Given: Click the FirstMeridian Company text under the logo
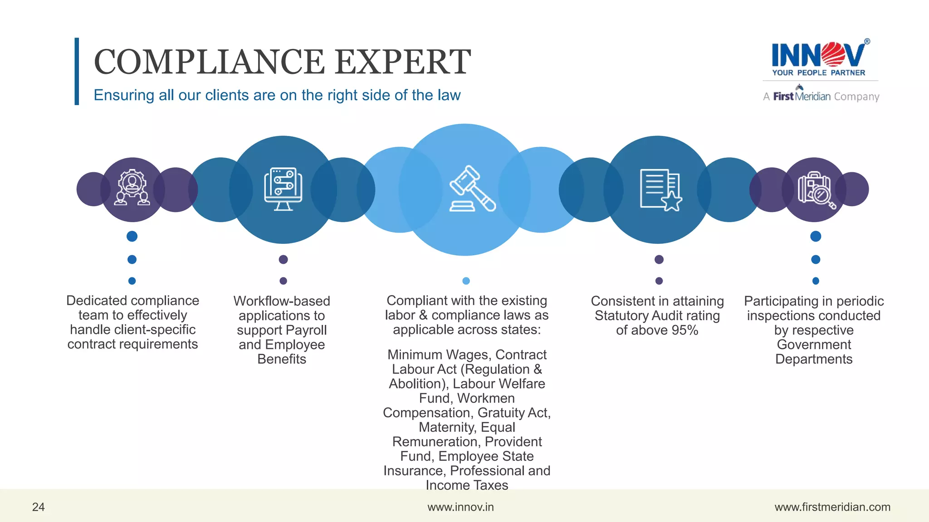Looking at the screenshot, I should click(821, 97).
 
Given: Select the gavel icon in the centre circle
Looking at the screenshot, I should click(472, 189).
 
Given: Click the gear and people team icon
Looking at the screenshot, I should click(132, 188).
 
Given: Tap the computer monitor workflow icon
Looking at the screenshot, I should click(283, 189).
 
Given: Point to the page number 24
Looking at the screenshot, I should click(38, 507).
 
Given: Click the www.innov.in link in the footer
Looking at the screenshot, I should click(460, 507).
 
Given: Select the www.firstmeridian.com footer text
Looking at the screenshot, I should click(832, 507).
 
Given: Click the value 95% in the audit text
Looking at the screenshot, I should click(685, 330).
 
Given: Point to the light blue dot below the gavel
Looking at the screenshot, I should click(466, 281).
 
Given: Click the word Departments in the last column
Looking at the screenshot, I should click(814, 359).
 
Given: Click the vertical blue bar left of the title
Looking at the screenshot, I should click(77, 71).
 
